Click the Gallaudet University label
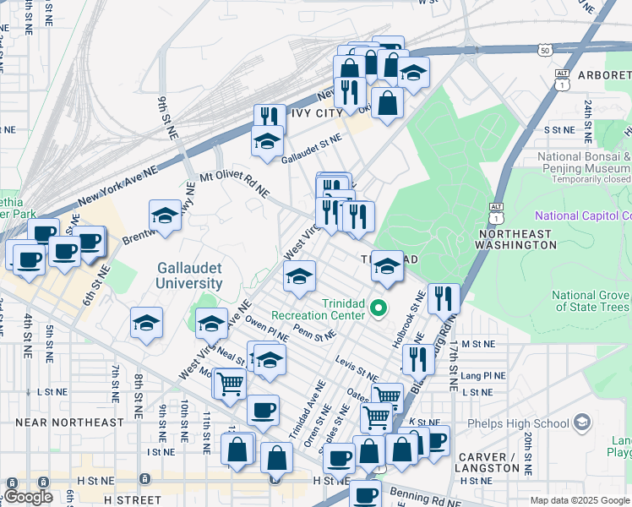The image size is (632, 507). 189,275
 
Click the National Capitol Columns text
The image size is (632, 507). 583,215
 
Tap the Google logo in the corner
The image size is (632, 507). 28,496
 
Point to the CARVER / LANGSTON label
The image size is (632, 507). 488,462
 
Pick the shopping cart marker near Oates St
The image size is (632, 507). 387,396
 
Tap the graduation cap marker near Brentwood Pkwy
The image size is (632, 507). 165,216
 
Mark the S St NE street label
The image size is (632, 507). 558,130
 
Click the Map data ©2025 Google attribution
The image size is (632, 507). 580,500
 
